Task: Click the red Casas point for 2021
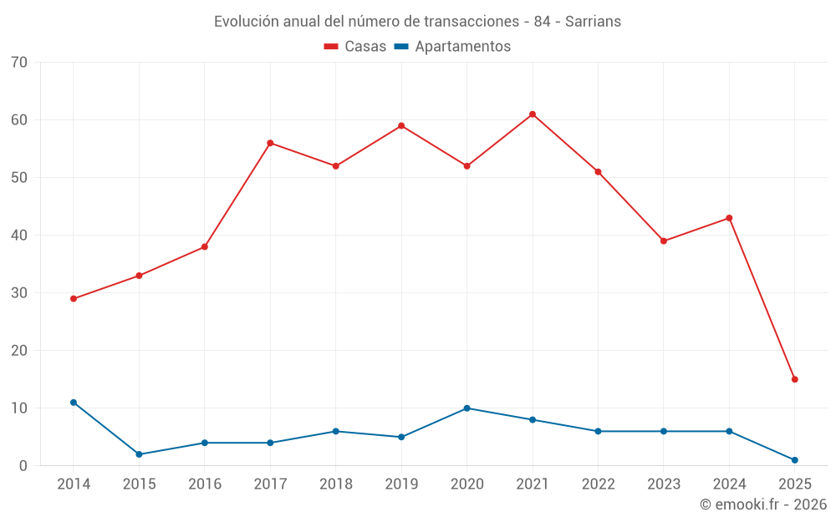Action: tap(533, 114)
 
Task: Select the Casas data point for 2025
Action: tap(795, 379)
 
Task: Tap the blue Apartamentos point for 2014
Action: tap(74, 403)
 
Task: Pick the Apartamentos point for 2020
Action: tap(467, 408)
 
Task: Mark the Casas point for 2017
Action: tap(270, 143)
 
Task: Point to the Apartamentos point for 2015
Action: tap(139, 454)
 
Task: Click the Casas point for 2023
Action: tap(664, 241)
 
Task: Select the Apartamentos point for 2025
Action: tap(795, 460)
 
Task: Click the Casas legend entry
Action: tap(355, 47)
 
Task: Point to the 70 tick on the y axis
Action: tap(19, 63)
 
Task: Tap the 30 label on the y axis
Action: tap(19, 293)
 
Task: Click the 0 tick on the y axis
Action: tap(23, 466)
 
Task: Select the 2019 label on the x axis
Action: tap(401, 484)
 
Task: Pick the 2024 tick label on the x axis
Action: tap(729, 484)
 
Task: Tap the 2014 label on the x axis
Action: tap(74, 484)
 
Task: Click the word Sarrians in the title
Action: tap(593, 22)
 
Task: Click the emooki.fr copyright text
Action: tap(763, 504)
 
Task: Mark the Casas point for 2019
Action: tap(401, 126)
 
